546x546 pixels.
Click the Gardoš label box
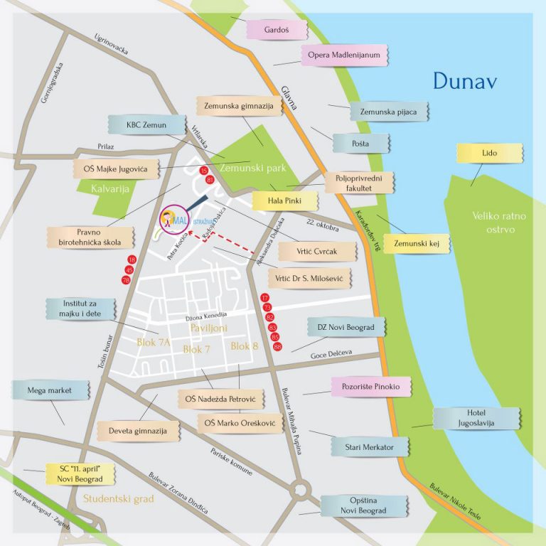(277, 31)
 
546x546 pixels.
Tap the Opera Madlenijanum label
(345, 55)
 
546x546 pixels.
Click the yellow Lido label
(490, 154)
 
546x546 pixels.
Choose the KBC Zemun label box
(146, 125)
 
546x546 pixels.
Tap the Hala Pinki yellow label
(284, 201)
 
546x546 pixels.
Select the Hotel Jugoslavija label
(476, 418)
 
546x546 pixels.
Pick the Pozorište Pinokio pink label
(371, 387)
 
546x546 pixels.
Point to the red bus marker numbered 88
(277, 346)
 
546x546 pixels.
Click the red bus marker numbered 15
(205, 171)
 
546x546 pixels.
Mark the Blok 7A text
(154, 343)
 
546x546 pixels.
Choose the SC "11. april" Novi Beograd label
(79, 473)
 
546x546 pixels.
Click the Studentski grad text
(119, 498)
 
